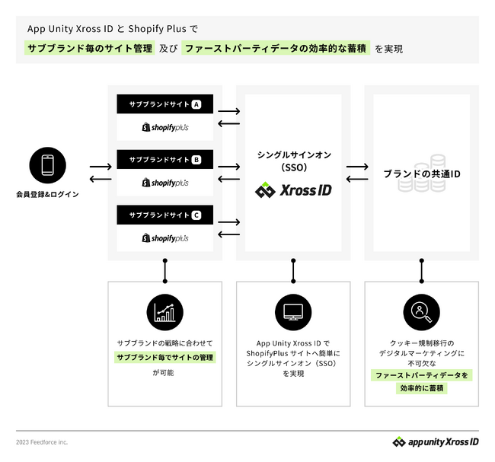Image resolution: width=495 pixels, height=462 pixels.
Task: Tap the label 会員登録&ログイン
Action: tap(47, 194)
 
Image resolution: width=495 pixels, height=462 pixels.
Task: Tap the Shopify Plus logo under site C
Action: tap(165, 238)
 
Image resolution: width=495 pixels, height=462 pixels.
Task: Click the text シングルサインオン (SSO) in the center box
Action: tap(293, 161)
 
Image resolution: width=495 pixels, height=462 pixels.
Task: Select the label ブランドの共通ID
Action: tap(422, 174)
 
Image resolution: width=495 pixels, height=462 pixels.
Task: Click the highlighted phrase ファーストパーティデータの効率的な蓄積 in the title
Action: tap(276, 49)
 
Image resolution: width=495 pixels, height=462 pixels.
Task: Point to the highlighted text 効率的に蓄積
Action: tap(422, 388)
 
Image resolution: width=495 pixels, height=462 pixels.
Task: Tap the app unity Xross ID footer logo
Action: tap(436, 441)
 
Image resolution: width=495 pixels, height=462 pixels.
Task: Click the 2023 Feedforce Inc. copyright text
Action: tap(43, 442)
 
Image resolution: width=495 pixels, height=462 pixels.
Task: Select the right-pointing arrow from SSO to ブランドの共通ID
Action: tap(356, 166)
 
